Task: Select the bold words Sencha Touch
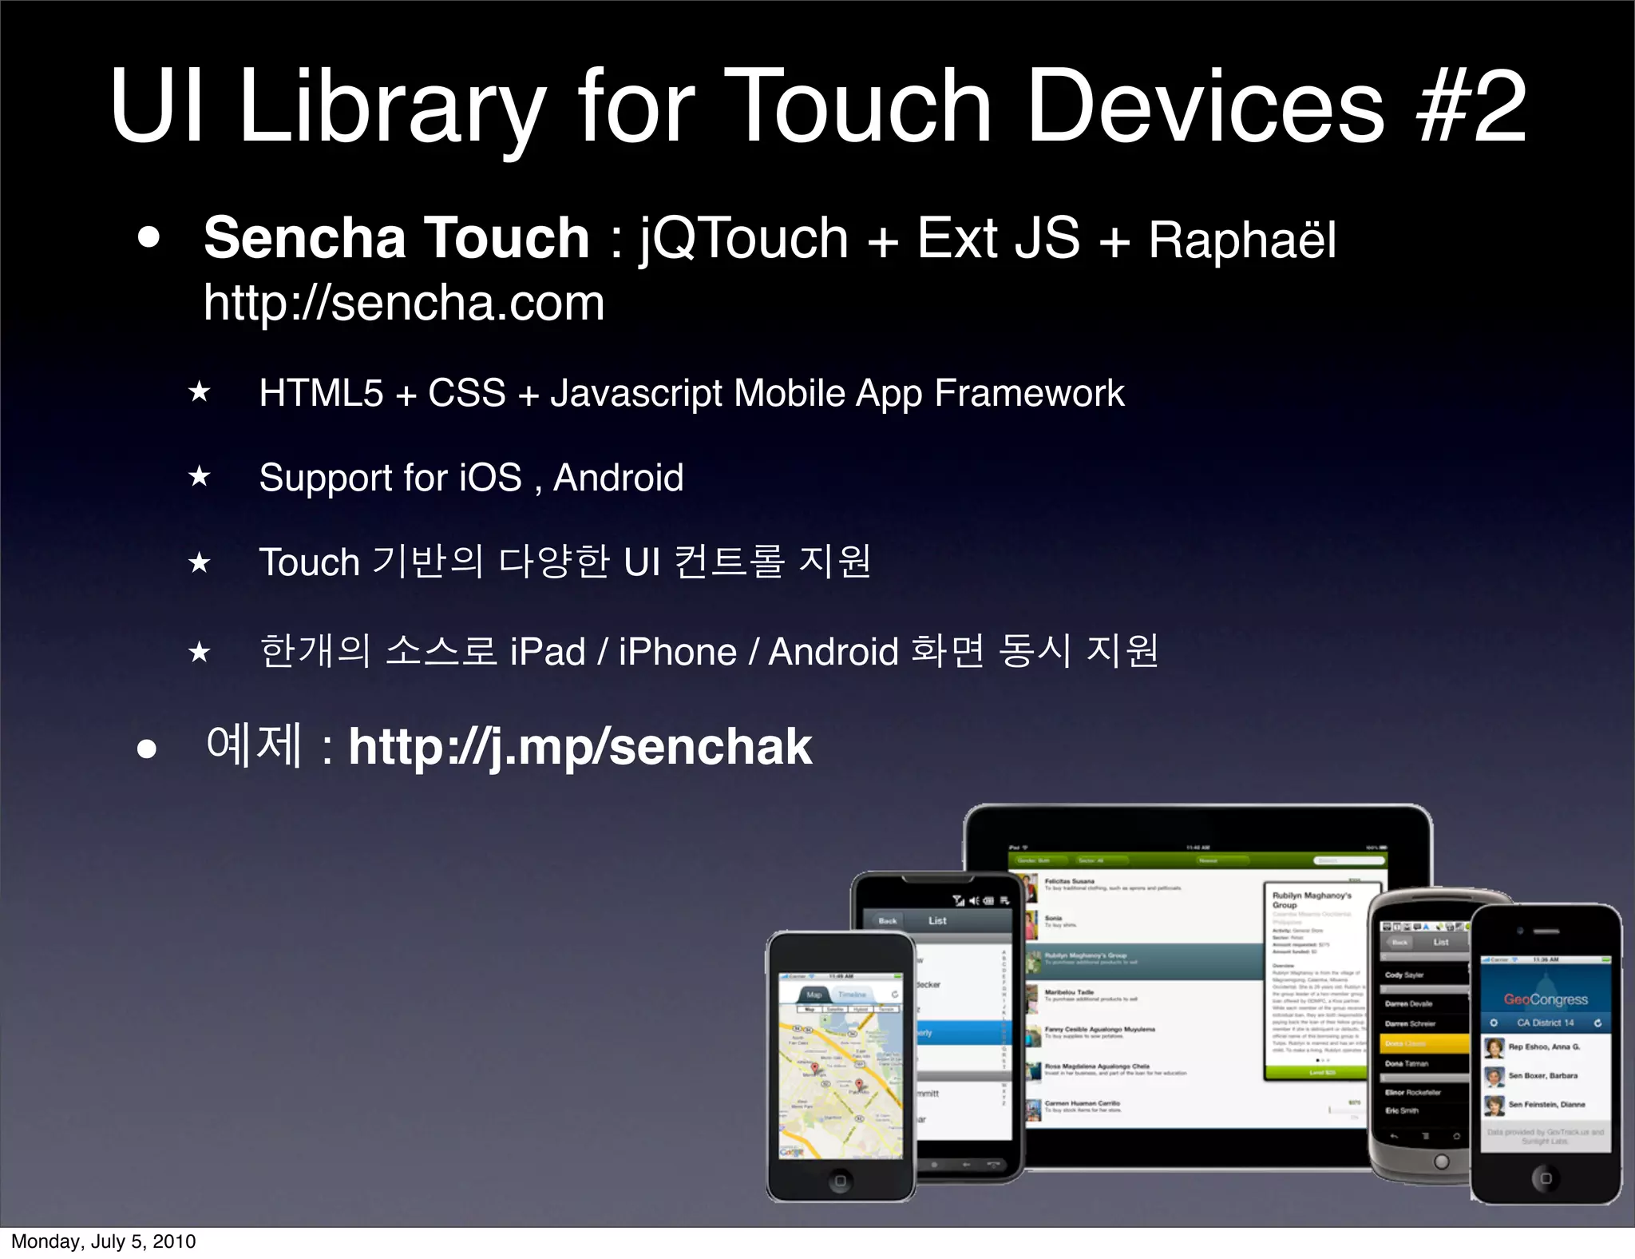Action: [397, 238]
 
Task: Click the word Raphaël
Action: [1242, 240]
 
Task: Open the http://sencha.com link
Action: [404, 303]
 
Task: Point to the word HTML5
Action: [321, 393]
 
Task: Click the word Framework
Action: [1029, 393]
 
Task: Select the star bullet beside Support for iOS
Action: [199, 477]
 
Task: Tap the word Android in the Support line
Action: [618, 478]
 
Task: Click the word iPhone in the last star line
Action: [677, 652]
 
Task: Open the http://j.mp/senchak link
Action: [580, 747]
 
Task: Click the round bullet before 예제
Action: [146, 749]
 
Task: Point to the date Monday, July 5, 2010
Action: [104, 1241]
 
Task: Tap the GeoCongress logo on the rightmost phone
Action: [1546, 999]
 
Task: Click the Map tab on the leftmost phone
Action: [814, 995]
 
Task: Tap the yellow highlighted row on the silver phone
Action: [1424, 1043]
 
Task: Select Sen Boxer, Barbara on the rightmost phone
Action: [1542, 1076]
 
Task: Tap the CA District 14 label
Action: [1546, 1023]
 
